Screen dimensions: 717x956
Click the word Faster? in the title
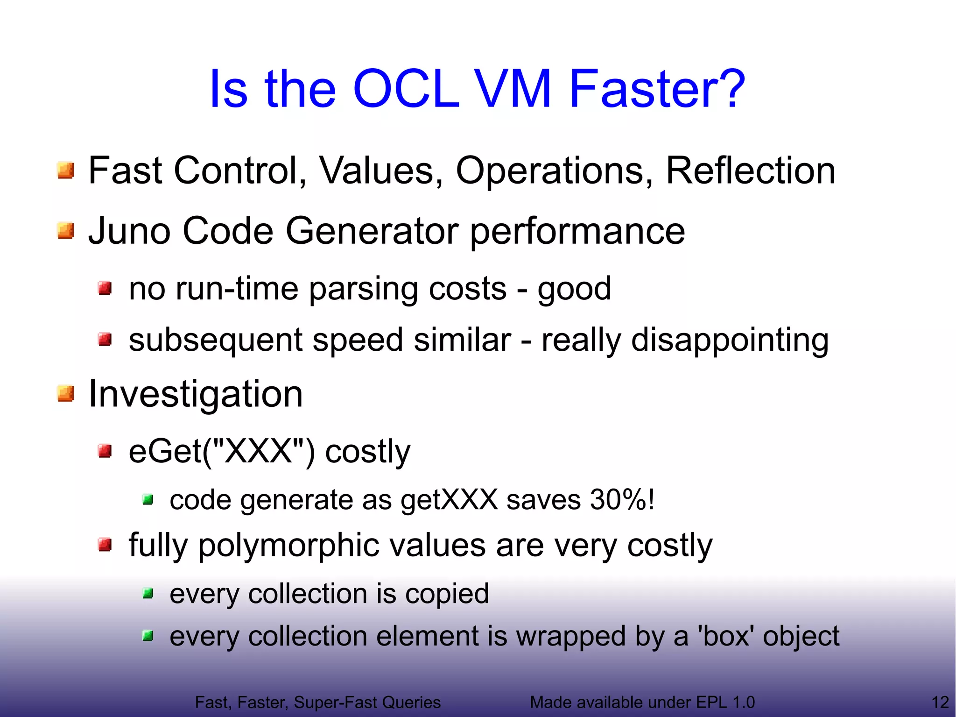[657, 89]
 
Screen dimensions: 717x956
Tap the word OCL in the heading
[406, 89]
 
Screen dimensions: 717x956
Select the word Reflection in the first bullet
[750, 171]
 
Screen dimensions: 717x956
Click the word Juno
[129, 231]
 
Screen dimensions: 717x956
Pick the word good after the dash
[574, 289]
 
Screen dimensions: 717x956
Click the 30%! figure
[622, 500]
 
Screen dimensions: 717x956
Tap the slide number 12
[940, 702]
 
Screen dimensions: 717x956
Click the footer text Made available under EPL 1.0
[642, 702]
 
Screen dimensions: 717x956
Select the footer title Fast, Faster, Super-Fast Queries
[317, 702]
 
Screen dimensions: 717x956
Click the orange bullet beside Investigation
[66, 394]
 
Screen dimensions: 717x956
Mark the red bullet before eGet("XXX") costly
[105, 451]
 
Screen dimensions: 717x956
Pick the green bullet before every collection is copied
[148, 594]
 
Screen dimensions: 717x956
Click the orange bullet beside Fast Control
[66, 170]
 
